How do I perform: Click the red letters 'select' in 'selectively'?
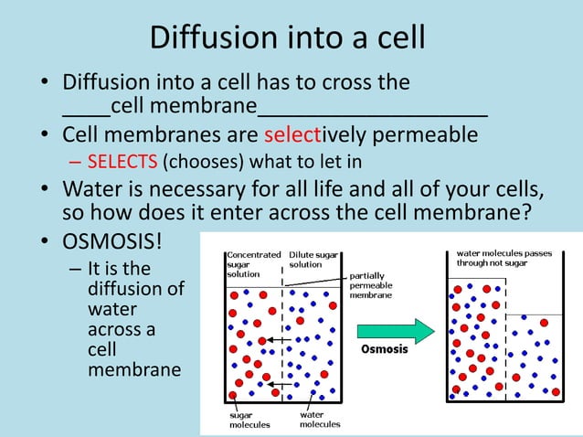(291, 135)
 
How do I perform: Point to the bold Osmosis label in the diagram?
(384, 349)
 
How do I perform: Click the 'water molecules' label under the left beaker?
(319, 420)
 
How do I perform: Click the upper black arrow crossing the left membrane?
(278, 340)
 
